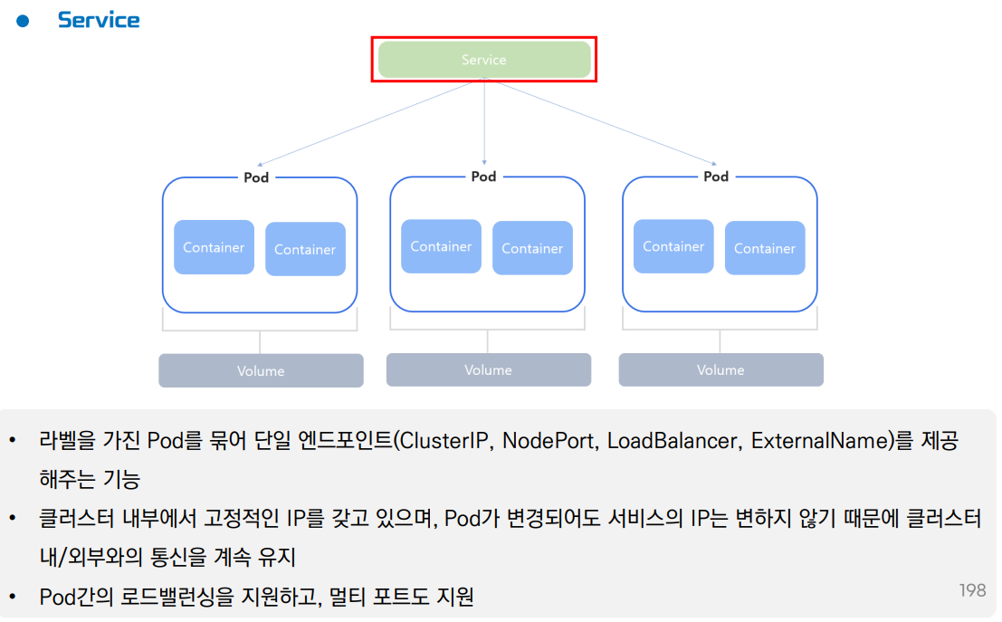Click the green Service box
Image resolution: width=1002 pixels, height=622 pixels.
(484, 60)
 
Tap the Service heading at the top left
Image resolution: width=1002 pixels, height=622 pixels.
(99, 20)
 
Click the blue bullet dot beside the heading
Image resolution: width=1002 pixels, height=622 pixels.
(24, 21)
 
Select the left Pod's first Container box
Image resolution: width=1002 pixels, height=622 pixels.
(214, 247)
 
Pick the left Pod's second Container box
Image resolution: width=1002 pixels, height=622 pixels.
(305, 249)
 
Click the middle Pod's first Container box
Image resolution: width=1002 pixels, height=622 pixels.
(441, 246)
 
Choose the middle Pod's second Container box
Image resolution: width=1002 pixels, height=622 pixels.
(532, 248)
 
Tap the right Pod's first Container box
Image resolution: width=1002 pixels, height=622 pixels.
(673, 246)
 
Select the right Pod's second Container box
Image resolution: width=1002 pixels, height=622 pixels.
(765, 248)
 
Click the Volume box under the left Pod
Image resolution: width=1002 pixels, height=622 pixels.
(261, 371)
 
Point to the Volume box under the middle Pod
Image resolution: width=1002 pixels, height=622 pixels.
(488, 370)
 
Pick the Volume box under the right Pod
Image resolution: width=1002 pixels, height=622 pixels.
(720, 370)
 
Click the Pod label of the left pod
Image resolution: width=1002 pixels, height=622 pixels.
(256, 177)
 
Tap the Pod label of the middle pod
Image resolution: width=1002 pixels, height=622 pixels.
(484, 177)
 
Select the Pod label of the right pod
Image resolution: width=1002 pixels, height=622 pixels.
(716, 177)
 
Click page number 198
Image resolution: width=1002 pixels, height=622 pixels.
(972, 590)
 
